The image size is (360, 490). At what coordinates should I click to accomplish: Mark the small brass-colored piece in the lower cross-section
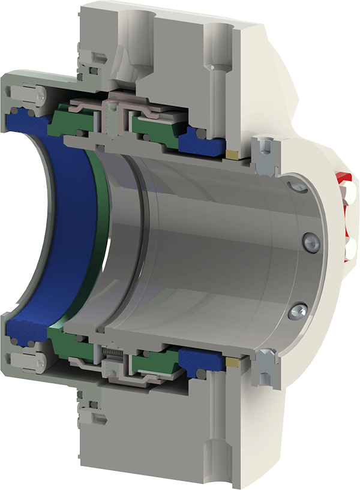point(232,362)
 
